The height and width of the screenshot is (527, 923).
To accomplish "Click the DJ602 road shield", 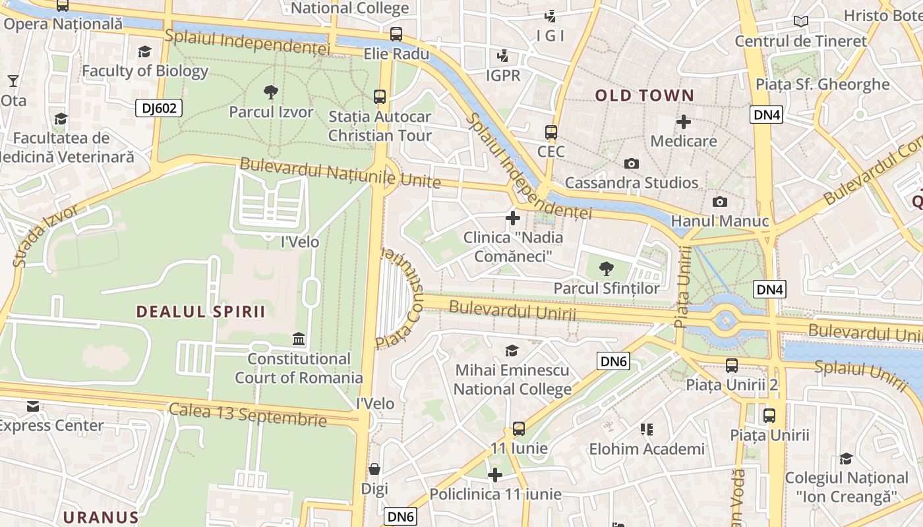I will coord(159,108).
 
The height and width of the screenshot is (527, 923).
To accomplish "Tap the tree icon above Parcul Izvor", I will coord(270,92).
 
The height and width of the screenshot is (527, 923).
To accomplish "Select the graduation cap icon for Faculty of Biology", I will coord(144,51).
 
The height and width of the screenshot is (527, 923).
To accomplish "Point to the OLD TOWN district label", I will coord(644,96).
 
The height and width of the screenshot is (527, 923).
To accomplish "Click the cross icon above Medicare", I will coord(684,122).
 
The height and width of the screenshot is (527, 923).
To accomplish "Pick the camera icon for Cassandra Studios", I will coord(631,163).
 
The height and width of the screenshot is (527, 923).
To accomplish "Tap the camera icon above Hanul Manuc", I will coord(719,202).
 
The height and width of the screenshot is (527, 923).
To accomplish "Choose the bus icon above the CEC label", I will coord(551,132).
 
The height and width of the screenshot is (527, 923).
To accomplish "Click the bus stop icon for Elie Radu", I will coord(396,34).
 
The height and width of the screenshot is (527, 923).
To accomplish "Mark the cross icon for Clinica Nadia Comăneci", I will coord(513,218).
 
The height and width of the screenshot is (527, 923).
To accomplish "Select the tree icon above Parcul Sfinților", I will coord(606,269).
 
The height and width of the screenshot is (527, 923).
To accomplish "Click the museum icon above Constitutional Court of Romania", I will coord(299,339).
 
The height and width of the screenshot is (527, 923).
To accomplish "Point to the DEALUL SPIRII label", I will coord(201,312).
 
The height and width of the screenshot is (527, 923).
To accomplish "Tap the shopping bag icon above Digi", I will coord(374,469).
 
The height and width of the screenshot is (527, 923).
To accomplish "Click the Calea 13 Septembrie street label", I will coord(248,414).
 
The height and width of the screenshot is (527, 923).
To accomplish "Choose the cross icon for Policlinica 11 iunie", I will coord(495,475).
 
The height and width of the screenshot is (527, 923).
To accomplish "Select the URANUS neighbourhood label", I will coord(101,517).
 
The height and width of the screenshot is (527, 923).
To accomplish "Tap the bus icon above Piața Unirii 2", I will coord(732,365).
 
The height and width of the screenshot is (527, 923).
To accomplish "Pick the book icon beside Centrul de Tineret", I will coord(801,22).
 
